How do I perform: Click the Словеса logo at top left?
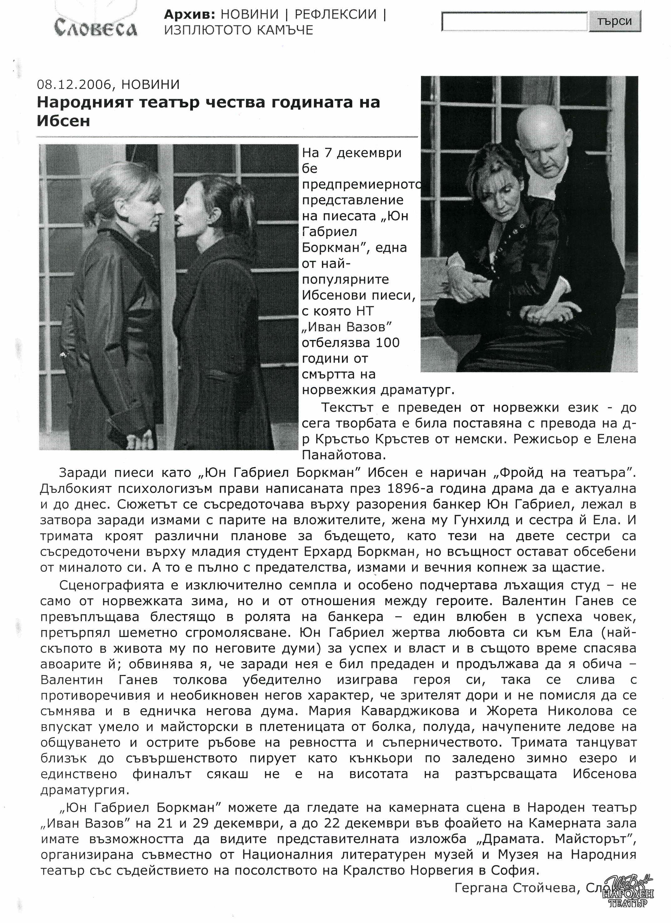pos(96,28)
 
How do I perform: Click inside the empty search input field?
pos(515,21)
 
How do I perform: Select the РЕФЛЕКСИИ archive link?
pos(335,14)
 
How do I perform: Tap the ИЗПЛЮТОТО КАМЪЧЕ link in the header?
pos(238,30)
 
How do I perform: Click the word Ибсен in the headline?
pos(63,121)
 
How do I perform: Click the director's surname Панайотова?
pos(344,454)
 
